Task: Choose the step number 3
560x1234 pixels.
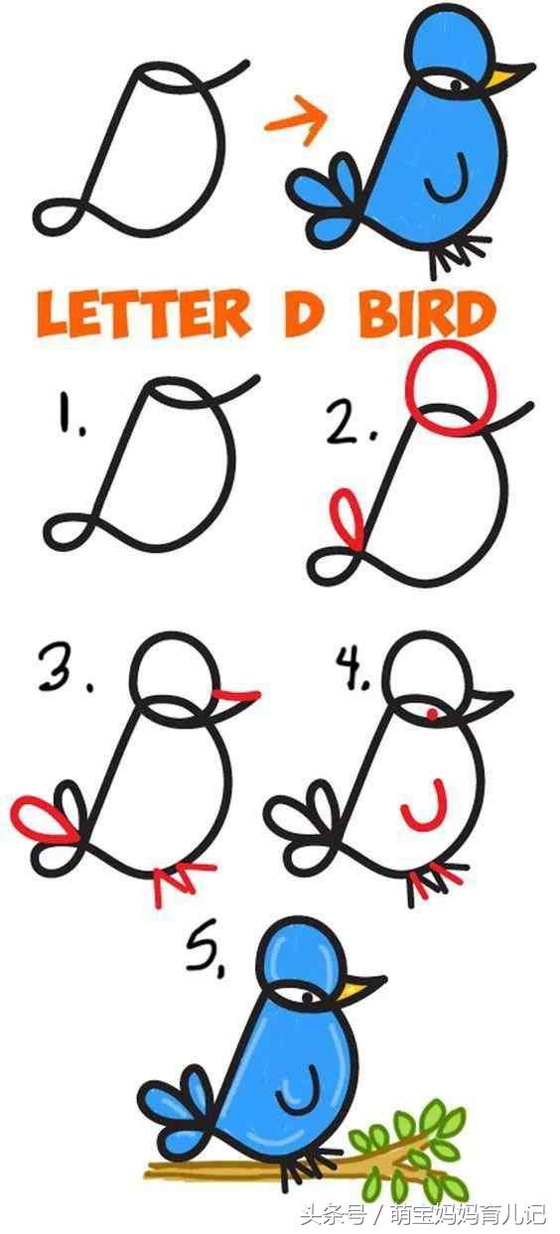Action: pos(64,669)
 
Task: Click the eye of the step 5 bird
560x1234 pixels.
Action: pos(307,997)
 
